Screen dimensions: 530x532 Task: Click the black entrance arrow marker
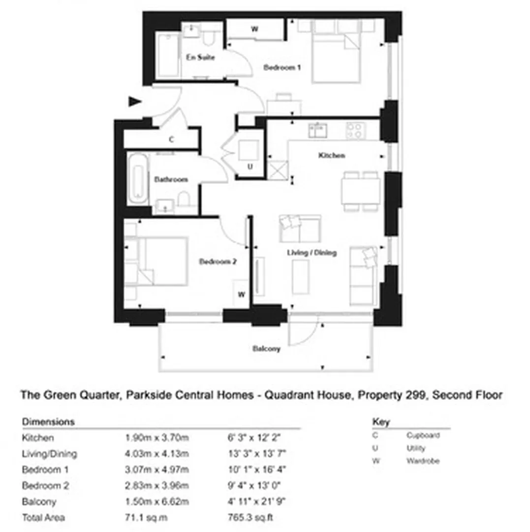[134, 101]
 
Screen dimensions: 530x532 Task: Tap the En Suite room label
[200, 57]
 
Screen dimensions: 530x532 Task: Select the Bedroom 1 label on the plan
[282, 67]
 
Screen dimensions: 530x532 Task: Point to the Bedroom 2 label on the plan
[218, 262]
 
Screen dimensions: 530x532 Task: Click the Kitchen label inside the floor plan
[332, 155]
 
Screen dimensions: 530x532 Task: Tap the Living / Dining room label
[312, 253]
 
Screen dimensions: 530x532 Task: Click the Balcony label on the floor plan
[266, 349]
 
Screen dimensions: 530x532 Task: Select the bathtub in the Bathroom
[138, 179]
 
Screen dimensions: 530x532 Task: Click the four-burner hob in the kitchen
[356, 131]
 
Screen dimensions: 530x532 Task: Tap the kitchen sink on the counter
[318, 130]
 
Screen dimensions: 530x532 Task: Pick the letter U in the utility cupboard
[250, 166]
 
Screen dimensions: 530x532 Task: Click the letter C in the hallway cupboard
[171, 139]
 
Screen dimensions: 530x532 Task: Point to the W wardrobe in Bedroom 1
[255, 29]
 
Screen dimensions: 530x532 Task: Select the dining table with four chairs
[361, 191]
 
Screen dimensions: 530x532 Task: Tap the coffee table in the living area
[301, 277]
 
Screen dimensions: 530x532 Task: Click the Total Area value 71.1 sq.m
[146, 518]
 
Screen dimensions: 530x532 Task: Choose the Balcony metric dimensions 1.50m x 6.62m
[157, 502]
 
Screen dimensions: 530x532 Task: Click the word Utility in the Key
[416, 449]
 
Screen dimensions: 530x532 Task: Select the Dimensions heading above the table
[48, 422]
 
